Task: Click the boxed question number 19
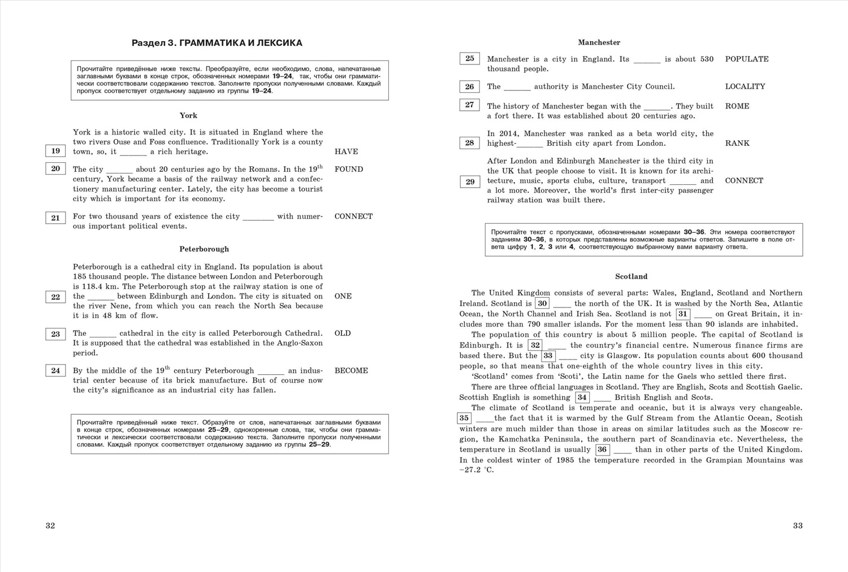point(55,151)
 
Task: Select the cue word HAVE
point(346,151)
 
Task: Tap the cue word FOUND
point(349,169)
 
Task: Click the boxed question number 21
point(55,218)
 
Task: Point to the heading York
point(188,115)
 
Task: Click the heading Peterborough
point(204,249)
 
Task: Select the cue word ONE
point(343,296)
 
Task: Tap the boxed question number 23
point(55,334)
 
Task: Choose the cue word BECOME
point(351,371)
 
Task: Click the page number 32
point(50,526)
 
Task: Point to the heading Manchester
point(599,42)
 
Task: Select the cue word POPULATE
point(746,59)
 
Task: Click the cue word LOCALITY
point(745,86)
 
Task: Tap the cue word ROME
point(737,106)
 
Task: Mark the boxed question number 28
point(469,143)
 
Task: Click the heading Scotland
point(631,276)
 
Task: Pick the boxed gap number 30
point(542,304)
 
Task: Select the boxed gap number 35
point(464,418)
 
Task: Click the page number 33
point(798,526)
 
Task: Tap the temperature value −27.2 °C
point(476,470)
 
